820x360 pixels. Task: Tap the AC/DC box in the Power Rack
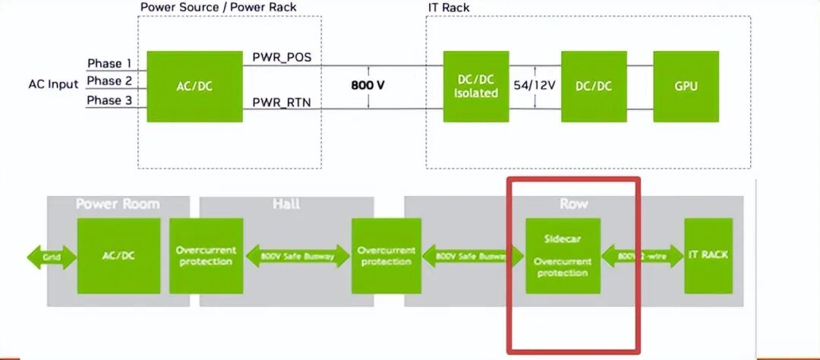pyautogui.click(x=194, y=87)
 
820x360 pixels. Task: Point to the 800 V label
pyautogui.click(x=367, y=85)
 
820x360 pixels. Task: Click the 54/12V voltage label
pyautogui.click(x=535, y=85)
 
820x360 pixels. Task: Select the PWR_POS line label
pyautogui.click(x=282, y=58)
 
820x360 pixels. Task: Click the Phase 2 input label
pyautogui.click(x=109, y=81)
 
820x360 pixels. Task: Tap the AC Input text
pyautogui.click(x=53, y=84)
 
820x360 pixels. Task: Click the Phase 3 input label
pyautogui.click(x=109, y=100)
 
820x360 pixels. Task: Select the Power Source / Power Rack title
pyautogui.click(x=218, y=7)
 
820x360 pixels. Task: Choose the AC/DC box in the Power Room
pyautogui.click(x=118, y=256)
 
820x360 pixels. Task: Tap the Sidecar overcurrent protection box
pyautogui.click(x=563, y=256)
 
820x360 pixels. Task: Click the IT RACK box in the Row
pyautogui.click(x=708, y=255)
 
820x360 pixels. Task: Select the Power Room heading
pyautogui.click(x=118, y=204)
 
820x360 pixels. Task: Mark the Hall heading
pyautogui.click(x=287, y=204)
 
